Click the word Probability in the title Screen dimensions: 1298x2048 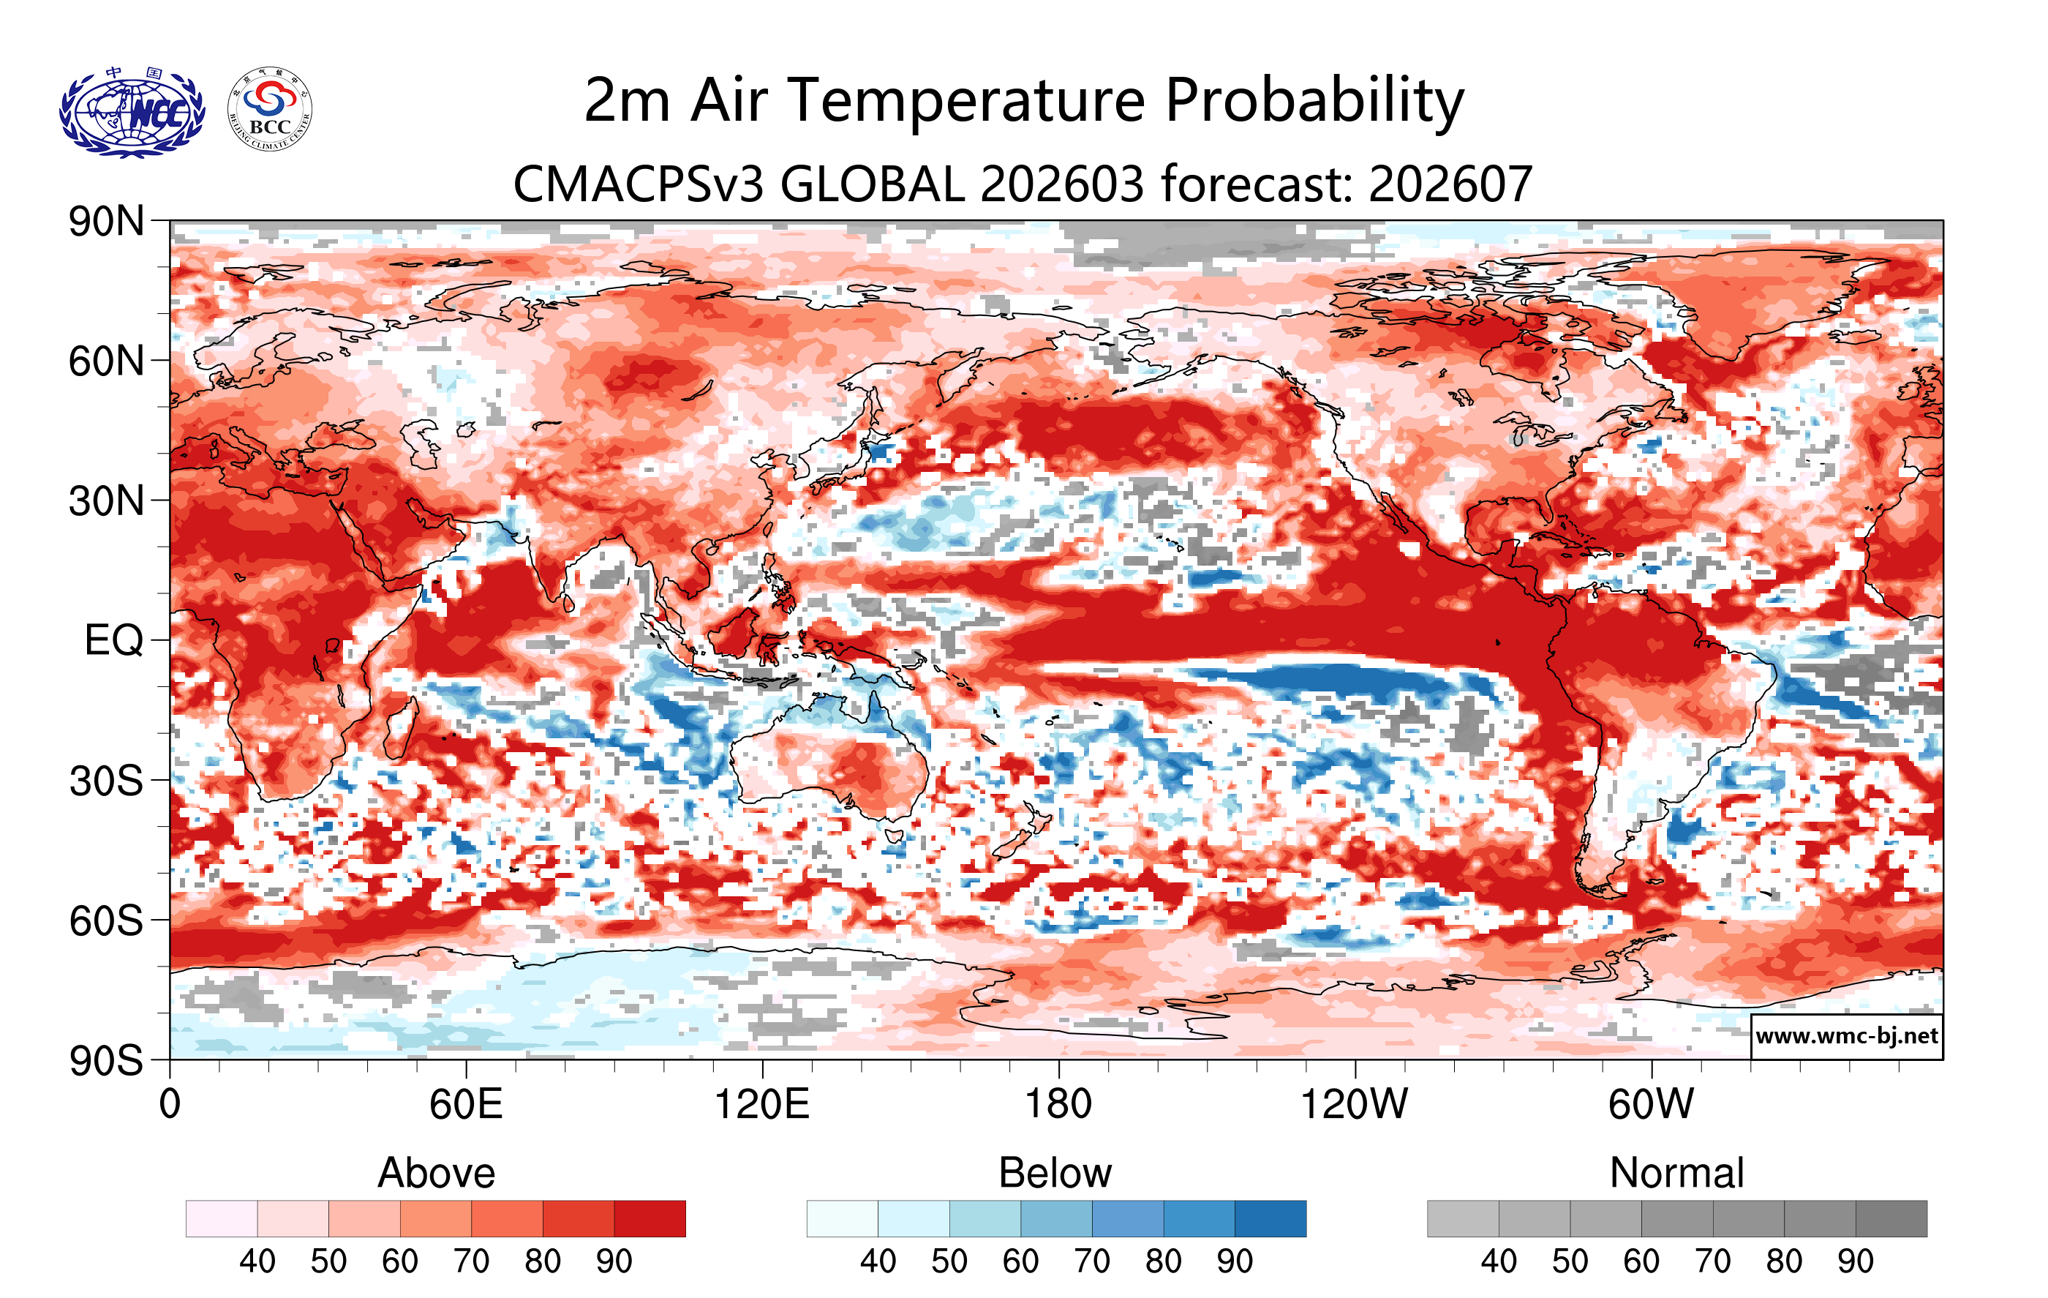click(x=1314, y=101)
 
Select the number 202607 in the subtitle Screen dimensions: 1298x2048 click(x=1450, y=184)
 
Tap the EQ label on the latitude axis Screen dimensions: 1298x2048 click(x=114, y=640)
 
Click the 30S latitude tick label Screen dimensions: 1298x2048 click(x=106, y=781)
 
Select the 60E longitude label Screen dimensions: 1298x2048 click(x=466, y=1105)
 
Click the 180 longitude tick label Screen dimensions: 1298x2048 click(x=1058, y=1105)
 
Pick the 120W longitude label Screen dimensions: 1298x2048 click(x=1354, y=1105)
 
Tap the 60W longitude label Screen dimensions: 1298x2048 click(x=1651, y=1105)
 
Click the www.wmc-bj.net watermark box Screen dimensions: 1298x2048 click(x=1846, y=1036)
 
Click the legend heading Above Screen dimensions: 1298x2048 click(x=437, y=1173)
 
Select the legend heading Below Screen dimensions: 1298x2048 click(x=1055, y=1173)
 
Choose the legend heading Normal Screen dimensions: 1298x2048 click(x=1676, y=1173)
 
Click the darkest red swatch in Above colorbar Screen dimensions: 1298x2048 click(x=650, y=1218)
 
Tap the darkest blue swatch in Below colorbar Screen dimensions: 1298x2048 click(x=1270, y=1218)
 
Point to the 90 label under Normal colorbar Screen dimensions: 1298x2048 click(x=1855, y=1261)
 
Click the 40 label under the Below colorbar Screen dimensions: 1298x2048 click(x=878, y=1261)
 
